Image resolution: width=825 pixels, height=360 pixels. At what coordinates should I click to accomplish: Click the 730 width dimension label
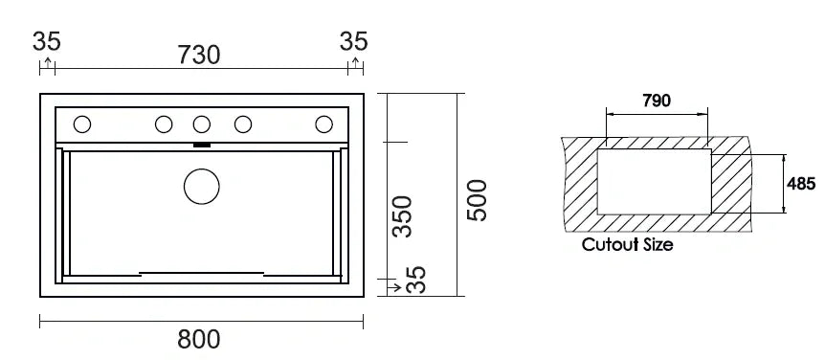pos(199,55)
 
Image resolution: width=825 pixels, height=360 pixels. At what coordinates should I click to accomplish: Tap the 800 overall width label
pos(199,339)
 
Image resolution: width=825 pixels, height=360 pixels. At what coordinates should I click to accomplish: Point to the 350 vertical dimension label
pos(403,215)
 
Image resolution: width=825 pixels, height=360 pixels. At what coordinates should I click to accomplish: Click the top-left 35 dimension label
pos(47,41)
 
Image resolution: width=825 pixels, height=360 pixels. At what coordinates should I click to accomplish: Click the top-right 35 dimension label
pos(354,41)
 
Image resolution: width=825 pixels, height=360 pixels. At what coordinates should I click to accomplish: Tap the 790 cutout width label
pos(656,101)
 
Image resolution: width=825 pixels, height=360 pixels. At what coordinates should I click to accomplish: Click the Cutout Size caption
pos(627,244)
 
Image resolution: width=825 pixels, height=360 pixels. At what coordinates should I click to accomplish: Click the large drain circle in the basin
pos(201,186)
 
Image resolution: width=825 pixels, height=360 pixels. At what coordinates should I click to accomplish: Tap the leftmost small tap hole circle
pos(82,124)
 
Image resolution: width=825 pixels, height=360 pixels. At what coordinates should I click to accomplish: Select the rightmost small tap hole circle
pos(323,124)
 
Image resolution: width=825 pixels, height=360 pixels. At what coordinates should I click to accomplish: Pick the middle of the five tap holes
pos(201,124)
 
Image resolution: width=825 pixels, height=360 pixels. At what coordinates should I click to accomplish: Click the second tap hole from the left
pos(164,124)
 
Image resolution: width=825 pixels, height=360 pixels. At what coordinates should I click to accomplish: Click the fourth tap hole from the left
pos(243,124)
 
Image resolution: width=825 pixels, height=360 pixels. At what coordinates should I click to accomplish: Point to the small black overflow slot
pos(202,146)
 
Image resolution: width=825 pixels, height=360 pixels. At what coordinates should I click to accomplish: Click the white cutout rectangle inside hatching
pos(654,181)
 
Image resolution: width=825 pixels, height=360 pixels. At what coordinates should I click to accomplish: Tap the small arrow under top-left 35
pos(47,63)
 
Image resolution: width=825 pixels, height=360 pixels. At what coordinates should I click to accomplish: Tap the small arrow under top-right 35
pos(355,63)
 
